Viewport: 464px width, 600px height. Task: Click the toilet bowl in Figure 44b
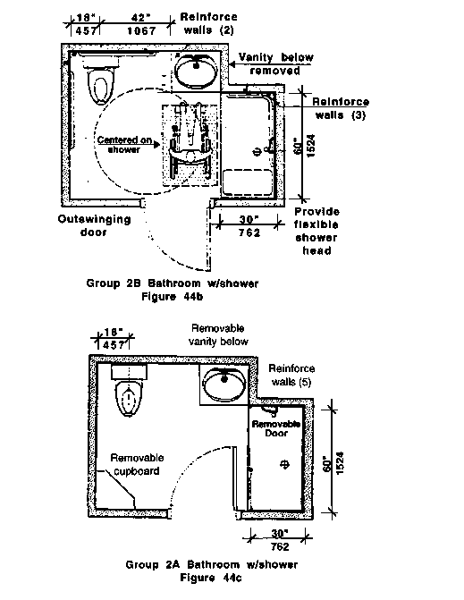click(101, 86)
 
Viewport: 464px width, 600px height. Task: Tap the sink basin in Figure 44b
click(196, 71)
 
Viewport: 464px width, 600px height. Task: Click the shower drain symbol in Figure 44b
click(257, 152)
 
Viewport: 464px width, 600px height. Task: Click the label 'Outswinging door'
click(94, 225)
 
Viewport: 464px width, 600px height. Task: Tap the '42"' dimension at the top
click(140, 18)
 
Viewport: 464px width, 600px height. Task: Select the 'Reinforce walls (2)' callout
click(208, 23)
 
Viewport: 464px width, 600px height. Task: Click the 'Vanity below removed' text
click(275, 63)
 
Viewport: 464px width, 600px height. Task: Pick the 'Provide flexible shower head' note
click(316, 231)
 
